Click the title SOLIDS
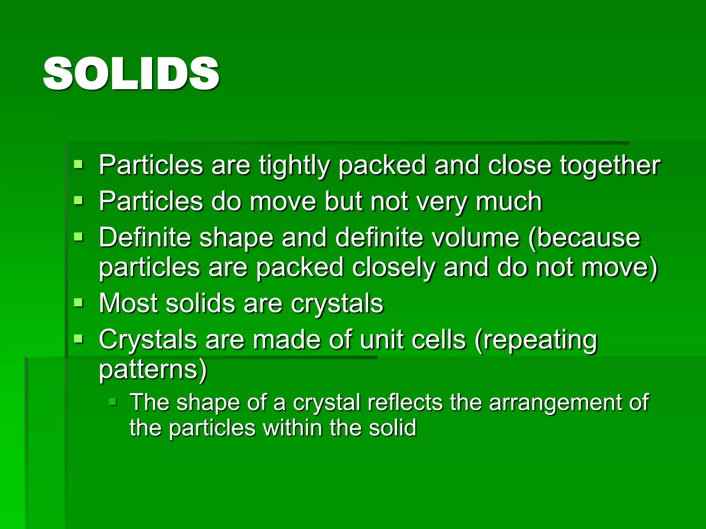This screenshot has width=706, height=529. click(x=131, y=74)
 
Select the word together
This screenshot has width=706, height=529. click(x=610, y=166)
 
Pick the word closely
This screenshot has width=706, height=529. click(x=393, y=268)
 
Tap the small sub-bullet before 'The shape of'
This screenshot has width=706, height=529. click(x=113, y=402)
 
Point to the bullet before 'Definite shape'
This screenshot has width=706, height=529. click(x=79, y=237)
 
